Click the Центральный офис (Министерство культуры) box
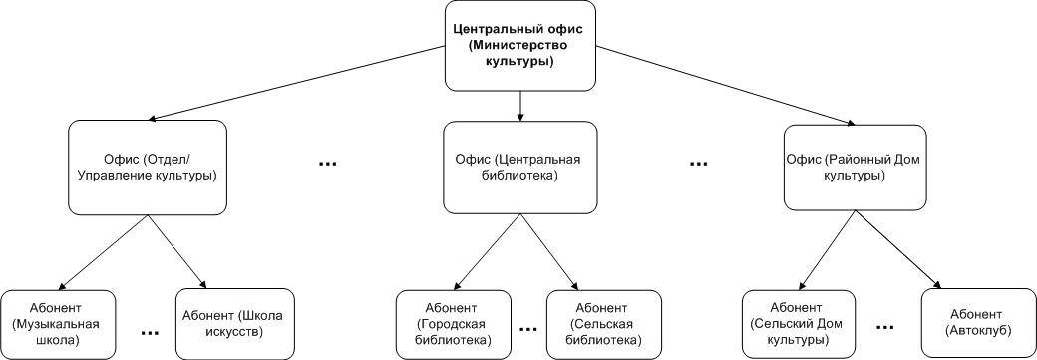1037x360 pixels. click(x=520, y=45)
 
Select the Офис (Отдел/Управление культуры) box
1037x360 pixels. click(x=148, y=167)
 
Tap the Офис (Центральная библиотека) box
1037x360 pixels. click(x=519, y=167)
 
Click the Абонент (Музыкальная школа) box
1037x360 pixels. click(x=58, y=324)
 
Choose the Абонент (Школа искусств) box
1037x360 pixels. click(x=234, y=324)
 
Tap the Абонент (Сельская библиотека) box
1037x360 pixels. click(x=604, y=324)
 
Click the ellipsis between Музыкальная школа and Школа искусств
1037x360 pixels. click(x=150, y=332)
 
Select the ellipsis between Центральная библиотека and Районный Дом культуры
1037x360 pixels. click(x=698, y=163)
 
